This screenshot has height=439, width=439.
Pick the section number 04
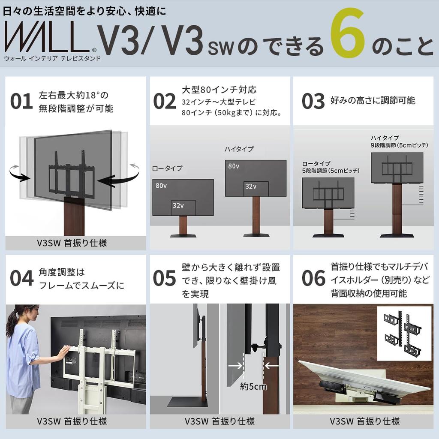21,278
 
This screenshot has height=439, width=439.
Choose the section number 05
164,278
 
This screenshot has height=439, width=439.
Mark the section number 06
313,278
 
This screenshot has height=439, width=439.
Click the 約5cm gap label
253,386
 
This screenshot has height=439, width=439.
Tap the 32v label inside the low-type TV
178,205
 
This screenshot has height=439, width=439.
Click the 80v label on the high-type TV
234,166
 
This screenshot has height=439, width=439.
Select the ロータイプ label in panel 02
167,168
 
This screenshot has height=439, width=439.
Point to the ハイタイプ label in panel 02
239,149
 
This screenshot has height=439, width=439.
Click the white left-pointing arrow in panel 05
271,366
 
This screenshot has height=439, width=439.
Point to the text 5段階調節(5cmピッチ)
331,171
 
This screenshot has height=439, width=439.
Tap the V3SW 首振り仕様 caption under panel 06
364,421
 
